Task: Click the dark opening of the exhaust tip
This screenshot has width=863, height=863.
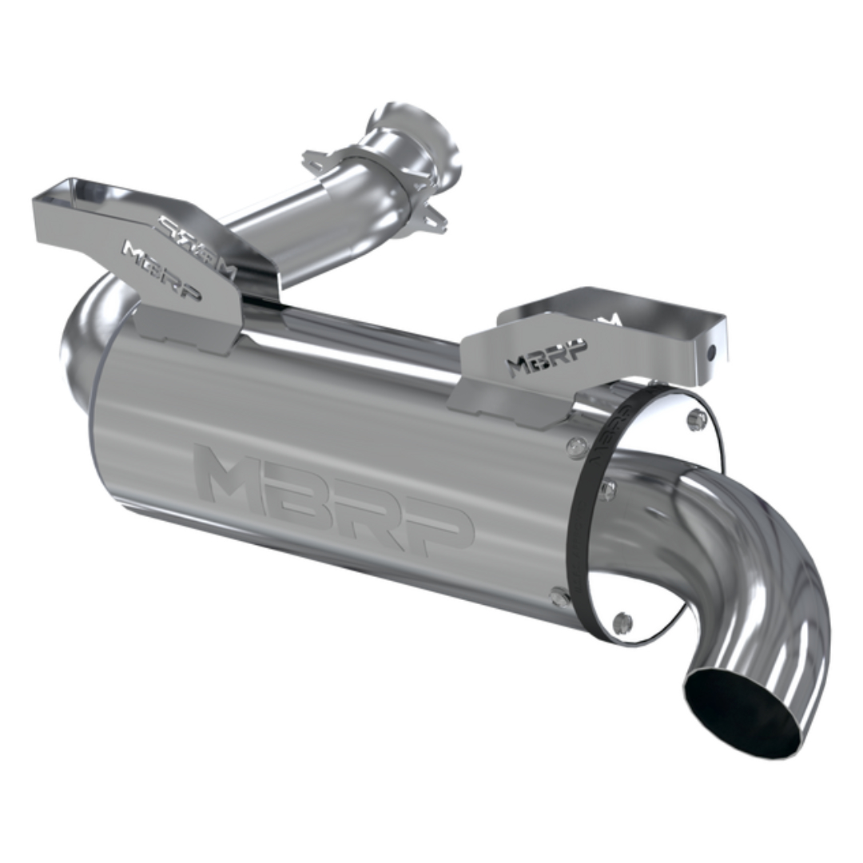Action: [739, 713]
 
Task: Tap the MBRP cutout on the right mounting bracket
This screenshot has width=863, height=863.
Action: [547, 356]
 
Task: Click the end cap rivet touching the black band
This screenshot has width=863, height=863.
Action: [608, 490]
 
